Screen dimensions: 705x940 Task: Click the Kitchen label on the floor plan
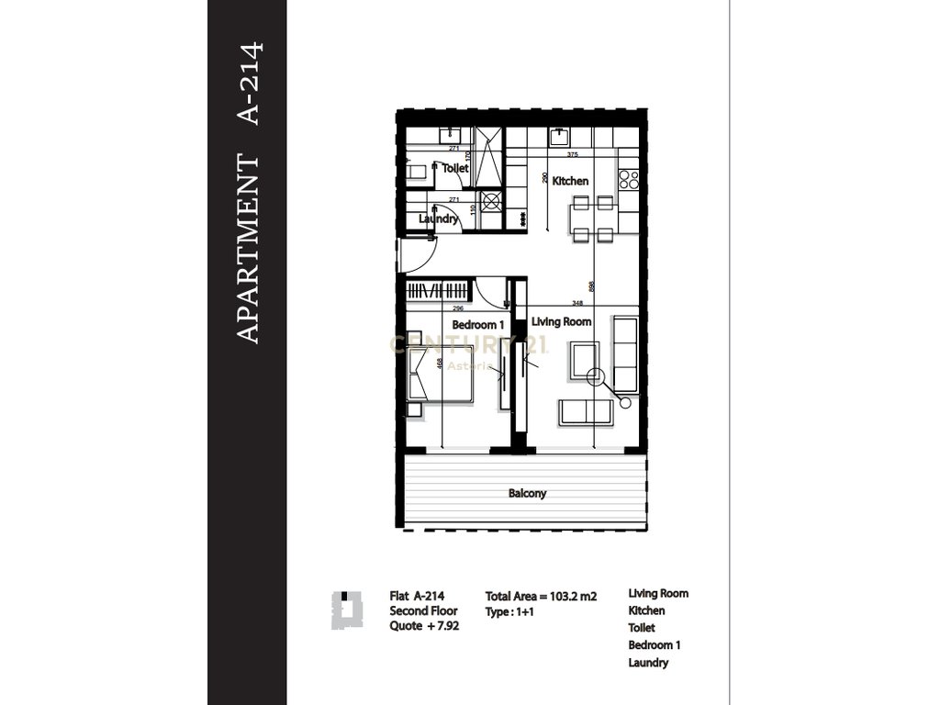(x=571, y=181)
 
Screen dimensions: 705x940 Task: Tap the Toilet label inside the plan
(x=455, y=168)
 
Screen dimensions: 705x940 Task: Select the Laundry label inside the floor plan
(x=439, y=219)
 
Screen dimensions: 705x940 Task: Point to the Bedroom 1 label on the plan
(x=478, y=325)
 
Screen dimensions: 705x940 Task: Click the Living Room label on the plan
(x=561, y=321)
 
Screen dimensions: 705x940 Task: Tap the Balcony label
(x=527, y=493)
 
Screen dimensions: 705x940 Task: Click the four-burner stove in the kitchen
(x=628, y=179)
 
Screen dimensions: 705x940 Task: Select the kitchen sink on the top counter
(x=557, y=137)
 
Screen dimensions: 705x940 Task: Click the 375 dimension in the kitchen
(x=573, y=153)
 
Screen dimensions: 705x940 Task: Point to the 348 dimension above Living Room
(x=576, y=303)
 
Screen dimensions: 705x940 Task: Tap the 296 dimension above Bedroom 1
(x=458, y=309)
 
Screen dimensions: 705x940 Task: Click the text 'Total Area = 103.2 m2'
(x=541, y=596)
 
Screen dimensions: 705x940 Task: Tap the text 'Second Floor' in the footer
(x=423, y=610)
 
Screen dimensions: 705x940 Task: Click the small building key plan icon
(x=341, y=610)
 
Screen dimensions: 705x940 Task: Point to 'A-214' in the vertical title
(x=249, y=83)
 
